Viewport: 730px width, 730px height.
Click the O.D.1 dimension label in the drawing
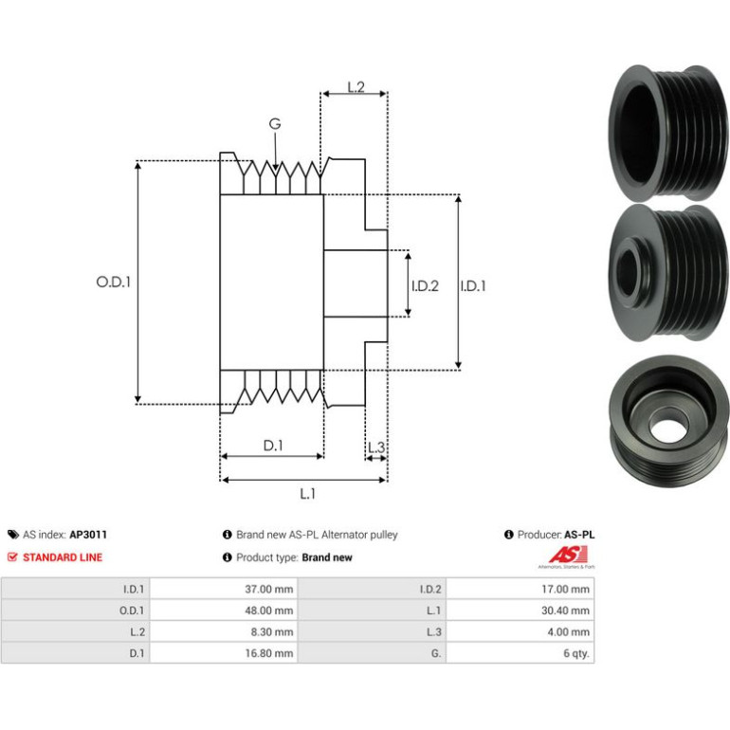point(113,282)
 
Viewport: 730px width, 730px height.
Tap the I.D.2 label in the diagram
point(425,285)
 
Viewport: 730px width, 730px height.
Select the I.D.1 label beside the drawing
point(472,285)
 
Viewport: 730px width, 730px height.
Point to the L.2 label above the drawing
point(356,86)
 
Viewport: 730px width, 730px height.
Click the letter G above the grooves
point(275,124)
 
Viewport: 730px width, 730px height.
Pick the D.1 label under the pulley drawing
point(273,446)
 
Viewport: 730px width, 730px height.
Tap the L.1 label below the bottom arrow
point(307,494)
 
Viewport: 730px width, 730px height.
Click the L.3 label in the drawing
point(376,447)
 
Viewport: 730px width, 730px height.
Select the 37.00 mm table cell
point(269,589)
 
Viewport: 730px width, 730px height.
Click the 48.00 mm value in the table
point(269,611)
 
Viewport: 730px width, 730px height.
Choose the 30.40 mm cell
point(565,611)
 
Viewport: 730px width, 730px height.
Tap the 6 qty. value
point(576,653)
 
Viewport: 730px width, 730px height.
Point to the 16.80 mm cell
point(269,653)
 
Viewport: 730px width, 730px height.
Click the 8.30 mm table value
point(272,631)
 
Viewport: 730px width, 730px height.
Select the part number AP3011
point(88,535)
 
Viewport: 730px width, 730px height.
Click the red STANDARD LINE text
point(63,557)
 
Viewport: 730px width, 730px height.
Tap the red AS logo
point(568,555)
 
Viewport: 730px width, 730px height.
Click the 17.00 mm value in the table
point(565,589)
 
